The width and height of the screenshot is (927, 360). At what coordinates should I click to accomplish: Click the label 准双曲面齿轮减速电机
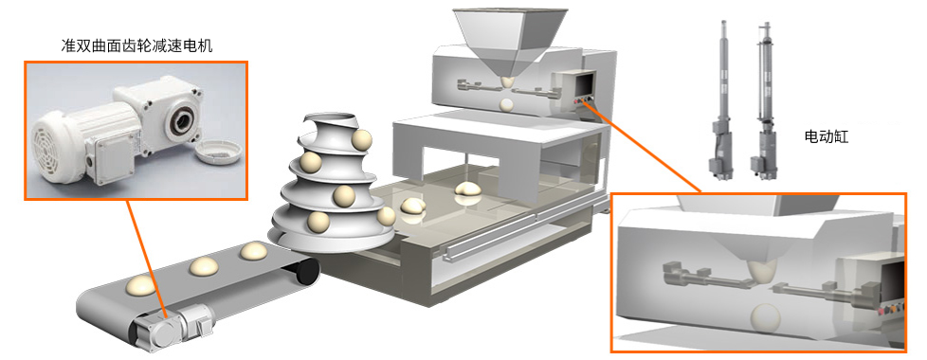tap(136, 45)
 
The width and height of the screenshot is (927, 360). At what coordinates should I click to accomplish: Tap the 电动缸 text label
tap(827, 137)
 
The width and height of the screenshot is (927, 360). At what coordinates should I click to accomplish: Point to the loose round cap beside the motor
tap(218, 152)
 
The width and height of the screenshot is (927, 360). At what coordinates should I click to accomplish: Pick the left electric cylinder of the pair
tap(720, 99)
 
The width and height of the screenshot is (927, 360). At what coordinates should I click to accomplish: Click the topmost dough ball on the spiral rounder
tap(361, 140)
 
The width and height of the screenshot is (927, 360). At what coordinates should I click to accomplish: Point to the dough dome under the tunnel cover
tap(470, 189)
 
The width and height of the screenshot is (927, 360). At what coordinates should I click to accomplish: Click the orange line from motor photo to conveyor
tap(146, 258)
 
